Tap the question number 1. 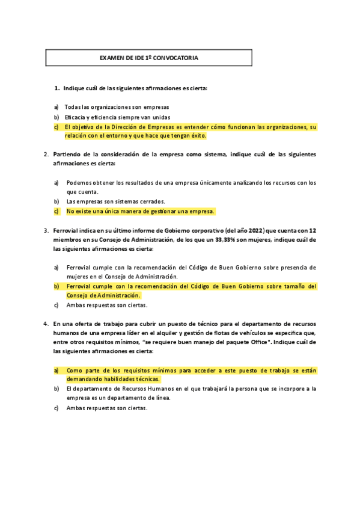[x=57, y=88]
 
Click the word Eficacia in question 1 [x=76, y=117]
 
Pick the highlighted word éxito [x=196, y=136]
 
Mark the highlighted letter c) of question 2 [x=56, y=211]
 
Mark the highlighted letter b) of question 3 [x=56, y=286]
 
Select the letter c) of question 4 [x=56, y=408]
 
